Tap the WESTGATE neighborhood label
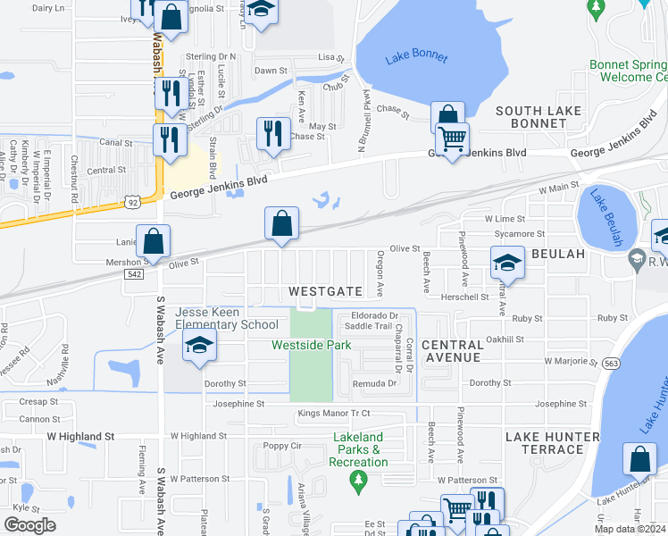pos(326,292)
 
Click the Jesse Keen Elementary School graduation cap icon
pos(199,347)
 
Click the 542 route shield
pos(131,276)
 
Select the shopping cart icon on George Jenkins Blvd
pos(453,139)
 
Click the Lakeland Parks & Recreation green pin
pos(359,482)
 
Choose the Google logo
pos(29,524)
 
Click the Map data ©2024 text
pos(630,529)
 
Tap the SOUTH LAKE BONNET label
pos(539,117)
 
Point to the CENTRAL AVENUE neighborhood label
pos(451,351)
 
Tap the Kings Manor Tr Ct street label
pos(334,413)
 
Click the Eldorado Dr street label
pos(374,315)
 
